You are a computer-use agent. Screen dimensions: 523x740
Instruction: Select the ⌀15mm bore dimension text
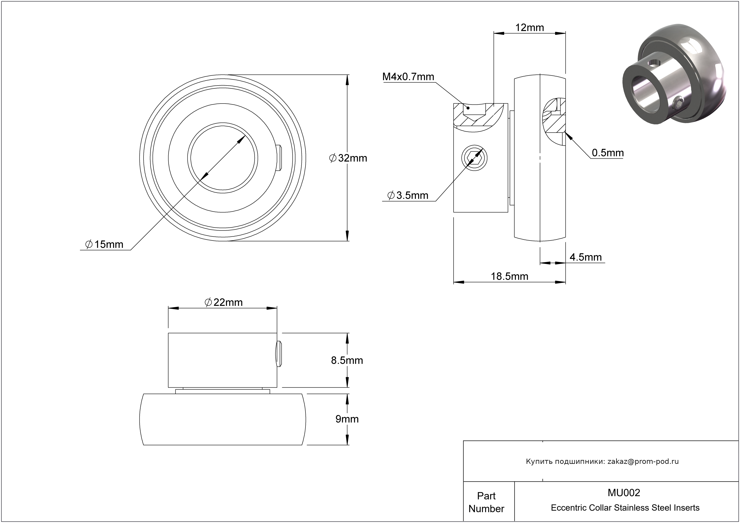click(104, 244)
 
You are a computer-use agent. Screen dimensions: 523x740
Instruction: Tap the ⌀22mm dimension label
click(223, 302)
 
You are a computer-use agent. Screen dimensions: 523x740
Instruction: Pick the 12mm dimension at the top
click(530, 28)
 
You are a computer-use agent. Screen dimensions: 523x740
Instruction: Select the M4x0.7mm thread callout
click(408, 77)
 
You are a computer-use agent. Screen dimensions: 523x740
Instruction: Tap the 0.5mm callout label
click(608, 153)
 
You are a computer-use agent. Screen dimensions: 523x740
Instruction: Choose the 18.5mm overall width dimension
click(509, 276)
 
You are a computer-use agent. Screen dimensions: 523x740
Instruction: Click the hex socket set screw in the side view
click(474, 158)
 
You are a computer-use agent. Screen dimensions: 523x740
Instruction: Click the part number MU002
click(624, 493)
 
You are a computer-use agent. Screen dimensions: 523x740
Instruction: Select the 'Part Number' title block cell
click(486, 502)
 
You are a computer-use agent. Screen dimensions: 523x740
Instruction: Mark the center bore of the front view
click(222, 158)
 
